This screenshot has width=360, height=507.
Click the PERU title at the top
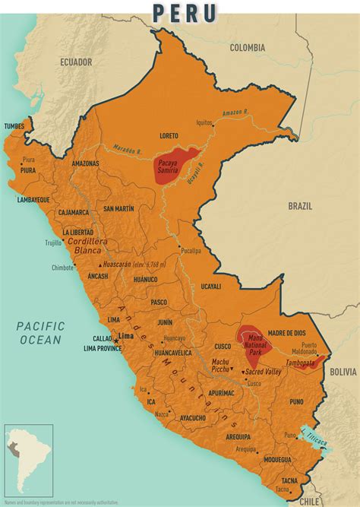click(185, 12)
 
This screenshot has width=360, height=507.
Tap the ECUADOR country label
click(76, 62)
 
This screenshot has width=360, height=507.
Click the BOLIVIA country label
click(343, 372)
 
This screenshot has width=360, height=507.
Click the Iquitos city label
click(204, 122)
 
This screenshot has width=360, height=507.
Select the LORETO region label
click(170, 136)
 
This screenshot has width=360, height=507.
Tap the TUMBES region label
click(14, 126)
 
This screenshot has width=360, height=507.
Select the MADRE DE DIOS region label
click(286, 332)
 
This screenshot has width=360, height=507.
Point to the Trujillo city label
click(52, 242)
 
